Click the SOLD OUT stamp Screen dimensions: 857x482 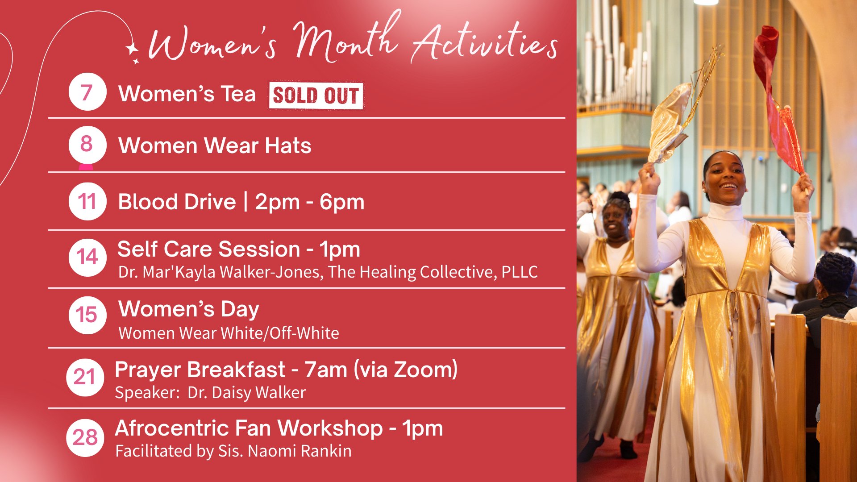316,96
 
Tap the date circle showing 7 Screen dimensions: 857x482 87,92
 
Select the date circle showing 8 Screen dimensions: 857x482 87,145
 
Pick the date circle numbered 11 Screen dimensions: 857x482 87,201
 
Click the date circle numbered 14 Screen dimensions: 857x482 87,258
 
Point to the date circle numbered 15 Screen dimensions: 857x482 87,315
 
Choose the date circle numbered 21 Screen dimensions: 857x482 85,378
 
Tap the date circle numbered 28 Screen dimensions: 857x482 85,437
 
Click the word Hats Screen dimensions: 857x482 288,145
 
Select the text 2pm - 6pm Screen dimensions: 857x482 310,202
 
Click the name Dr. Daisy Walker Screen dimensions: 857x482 247,393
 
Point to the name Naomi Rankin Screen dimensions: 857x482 300,451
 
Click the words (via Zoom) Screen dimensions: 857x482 406,370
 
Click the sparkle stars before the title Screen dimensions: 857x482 133,52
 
